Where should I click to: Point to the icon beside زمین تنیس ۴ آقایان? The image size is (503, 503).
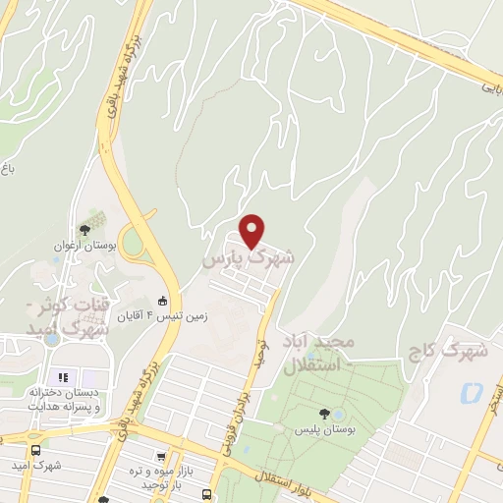(x=163, y=302)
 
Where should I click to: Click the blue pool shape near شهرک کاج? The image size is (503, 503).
(x=471, y=394)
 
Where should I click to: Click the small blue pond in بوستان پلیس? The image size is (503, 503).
(x=339, y=412)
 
